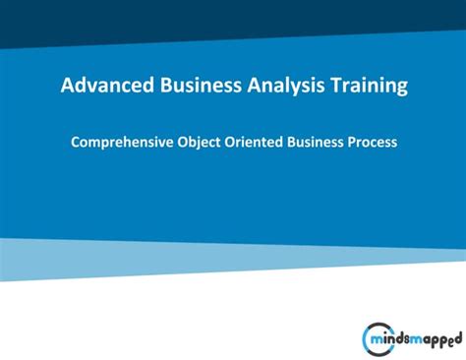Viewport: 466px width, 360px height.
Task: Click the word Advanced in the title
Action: pyautogui.click(x=104, y=87)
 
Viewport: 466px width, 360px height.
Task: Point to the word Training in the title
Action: pyautogui.click(x=368, y=87)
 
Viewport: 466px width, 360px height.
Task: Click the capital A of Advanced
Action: pyautogui.click(x=68, y=87)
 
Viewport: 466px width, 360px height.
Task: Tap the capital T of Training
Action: pyautogui.click(x=333, y=87)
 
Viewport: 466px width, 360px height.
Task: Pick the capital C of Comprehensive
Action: pyautogui.click(x=76, y=143)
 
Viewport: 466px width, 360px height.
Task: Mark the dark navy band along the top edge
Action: pyautogui.click(x=233, y=12)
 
